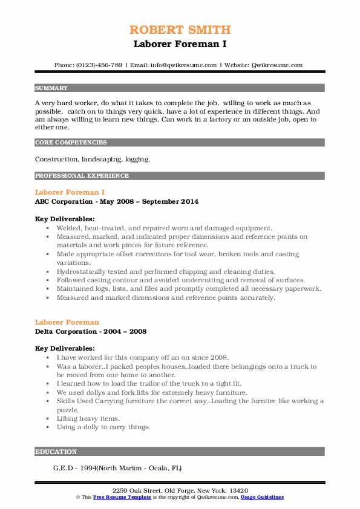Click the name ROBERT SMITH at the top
click(180, 30)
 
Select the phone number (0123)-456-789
click(99, 65)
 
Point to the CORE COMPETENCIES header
click(71, 143)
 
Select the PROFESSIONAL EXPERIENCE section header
click(82, 176)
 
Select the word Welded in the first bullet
click(68, 228)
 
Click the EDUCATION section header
click(56, 452)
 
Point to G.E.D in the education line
click(63, 468)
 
